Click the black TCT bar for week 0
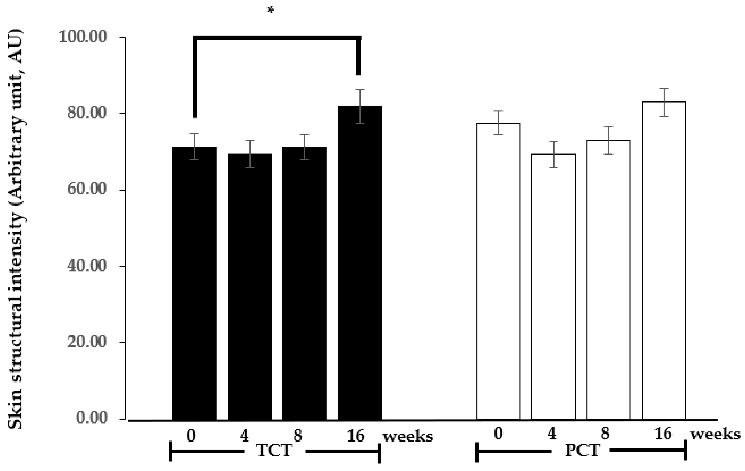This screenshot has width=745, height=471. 194,283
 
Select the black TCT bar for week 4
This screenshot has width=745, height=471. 250,286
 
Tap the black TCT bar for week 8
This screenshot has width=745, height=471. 304,283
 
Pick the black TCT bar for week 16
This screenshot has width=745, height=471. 360,263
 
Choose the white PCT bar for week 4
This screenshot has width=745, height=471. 553,286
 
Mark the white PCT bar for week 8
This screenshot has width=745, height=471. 608,280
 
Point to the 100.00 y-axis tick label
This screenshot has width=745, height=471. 83,37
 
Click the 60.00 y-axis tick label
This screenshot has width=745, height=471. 87,189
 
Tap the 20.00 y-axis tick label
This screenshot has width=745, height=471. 87,342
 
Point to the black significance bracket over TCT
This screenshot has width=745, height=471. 277,38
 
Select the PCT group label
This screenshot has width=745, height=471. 582,451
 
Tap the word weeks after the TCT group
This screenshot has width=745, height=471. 408,437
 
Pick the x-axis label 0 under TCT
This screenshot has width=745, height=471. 191,436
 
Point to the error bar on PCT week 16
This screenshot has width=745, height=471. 664,102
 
